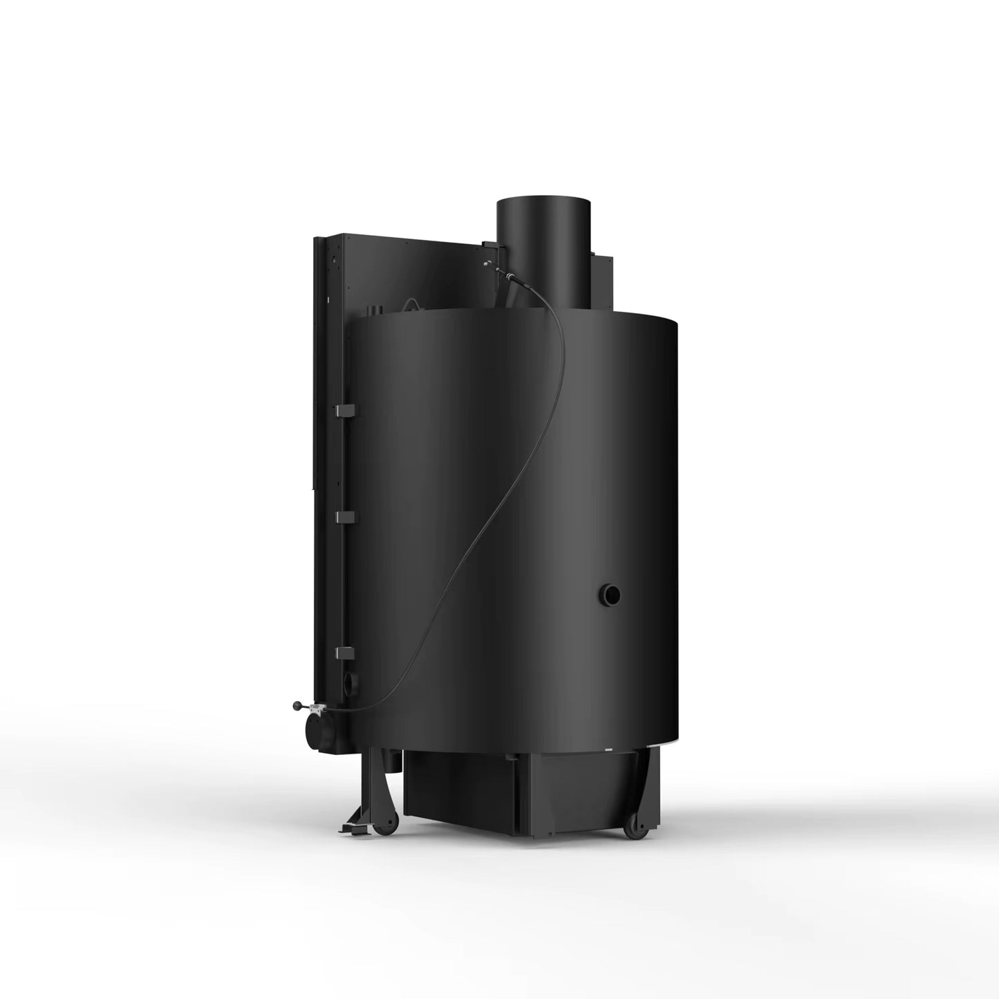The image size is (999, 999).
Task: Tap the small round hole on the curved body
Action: point(610,593)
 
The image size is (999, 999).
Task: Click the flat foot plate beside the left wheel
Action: point(353,825)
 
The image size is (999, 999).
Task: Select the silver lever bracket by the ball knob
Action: point(318,708)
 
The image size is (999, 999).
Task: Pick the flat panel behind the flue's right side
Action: point(602,283)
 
